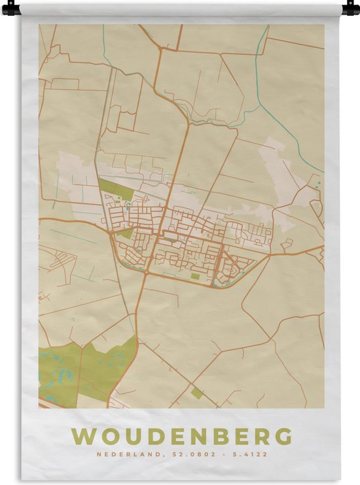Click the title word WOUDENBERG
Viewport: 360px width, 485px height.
coord(182,437)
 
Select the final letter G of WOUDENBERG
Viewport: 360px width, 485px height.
coord(283,437)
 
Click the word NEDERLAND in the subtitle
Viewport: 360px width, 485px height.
coord(121,454)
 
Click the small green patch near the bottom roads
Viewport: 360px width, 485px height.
coord(196,393)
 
